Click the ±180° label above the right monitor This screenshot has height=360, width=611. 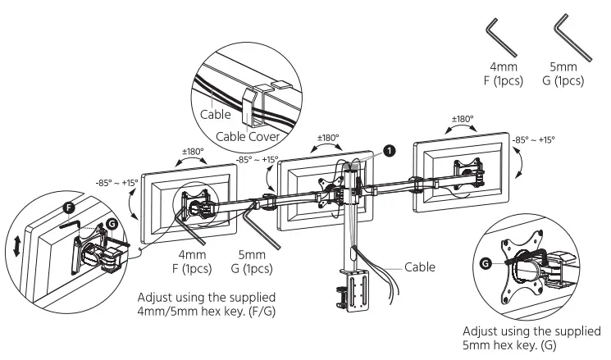461,119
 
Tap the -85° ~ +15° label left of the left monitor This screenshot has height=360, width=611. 116,184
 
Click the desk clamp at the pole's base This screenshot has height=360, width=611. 356,296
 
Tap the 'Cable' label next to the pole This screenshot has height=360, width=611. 420,267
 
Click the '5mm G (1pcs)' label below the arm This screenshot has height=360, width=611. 254,262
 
